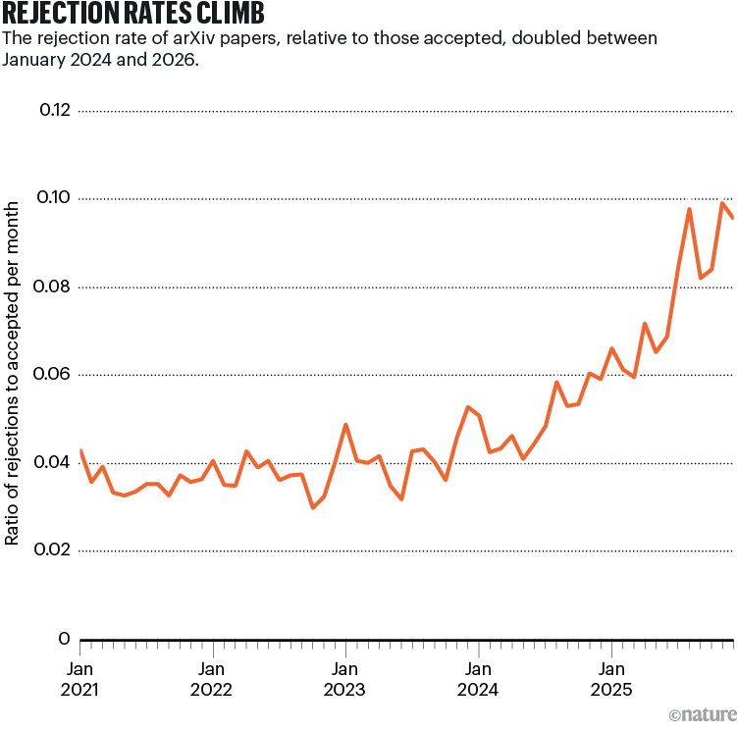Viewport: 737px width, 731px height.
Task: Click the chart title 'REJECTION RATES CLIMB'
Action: coord(132,15)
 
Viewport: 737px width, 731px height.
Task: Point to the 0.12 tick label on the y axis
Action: coord(54,110)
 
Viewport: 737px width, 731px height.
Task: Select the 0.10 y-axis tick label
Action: coord(54,198)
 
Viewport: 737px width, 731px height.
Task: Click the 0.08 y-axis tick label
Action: coord(54,287)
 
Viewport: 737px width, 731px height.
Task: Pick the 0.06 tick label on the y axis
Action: coord(54,375)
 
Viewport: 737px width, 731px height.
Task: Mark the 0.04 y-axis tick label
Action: coord(54,462)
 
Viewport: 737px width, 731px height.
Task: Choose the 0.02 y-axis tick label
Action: coord(54,550)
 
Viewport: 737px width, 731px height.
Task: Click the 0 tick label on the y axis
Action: coord(64,639)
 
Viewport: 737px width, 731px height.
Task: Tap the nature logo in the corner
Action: coord(701,713)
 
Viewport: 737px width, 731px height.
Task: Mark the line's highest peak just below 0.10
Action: coord(722,203)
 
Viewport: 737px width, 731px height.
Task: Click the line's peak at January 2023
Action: coord(345,425)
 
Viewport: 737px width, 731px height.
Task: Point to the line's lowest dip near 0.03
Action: coord(313,507)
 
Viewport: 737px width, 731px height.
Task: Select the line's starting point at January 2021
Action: coord(79,450)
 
